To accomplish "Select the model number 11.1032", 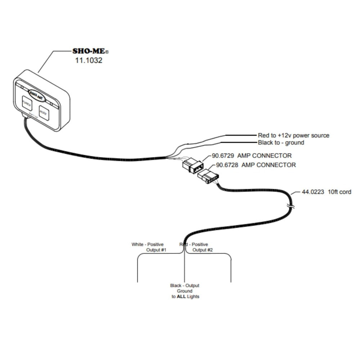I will point(88,60).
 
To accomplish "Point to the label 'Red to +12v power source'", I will point(293,135).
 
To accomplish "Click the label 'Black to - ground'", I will point(281,143).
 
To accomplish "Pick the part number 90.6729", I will point(223,156).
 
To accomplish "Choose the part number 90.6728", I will point(227,165).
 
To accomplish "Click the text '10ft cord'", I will point(339,192).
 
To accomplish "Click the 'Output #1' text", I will point(156,250).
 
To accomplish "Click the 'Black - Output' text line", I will point(185,285).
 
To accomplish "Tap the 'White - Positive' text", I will point(147,244).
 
